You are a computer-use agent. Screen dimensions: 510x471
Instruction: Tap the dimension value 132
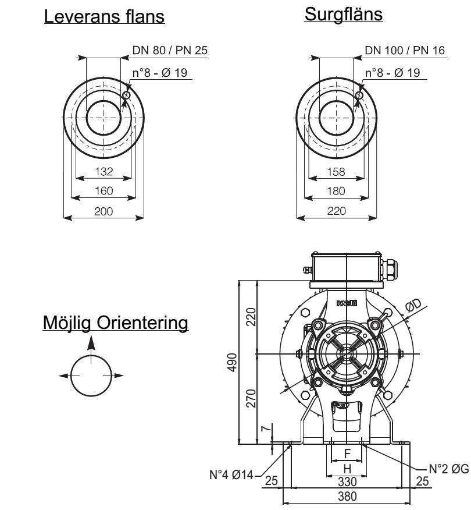point(104,172)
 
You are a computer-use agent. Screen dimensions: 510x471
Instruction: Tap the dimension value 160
point(104,190)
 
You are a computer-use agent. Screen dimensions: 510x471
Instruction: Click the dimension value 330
point(346,481)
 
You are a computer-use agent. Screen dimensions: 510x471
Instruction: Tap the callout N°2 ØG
point(448,468)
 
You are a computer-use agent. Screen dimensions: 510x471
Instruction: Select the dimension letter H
point(347,468)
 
